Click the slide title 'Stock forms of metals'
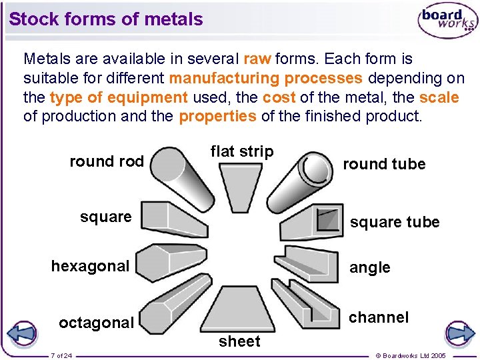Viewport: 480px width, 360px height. (x=106, y=19)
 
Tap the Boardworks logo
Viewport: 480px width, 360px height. (x=447, y=21)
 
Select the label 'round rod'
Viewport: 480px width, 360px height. (x=107, y=161)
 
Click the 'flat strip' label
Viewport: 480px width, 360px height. (x=242, y=151)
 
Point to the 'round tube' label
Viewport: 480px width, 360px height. (x=384, y=164)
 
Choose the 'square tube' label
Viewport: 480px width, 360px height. (x=395, y=222)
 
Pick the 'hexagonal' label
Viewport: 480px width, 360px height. (x=90, y=266)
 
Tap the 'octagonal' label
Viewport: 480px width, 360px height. (x=96, y=323)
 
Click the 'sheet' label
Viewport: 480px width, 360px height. (x=239, y=341)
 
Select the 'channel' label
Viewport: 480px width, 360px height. (x=379, y=317)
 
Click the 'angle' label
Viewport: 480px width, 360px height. (x=370, y=267)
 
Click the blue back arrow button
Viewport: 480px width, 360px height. (x=23, y=333)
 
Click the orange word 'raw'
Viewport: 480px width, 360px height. (x=257, y=59)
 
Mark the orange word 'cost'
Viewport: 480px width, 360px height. (x=279, y=97)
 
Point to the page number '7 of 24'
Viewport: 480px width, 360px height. (x=62, y=355)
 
